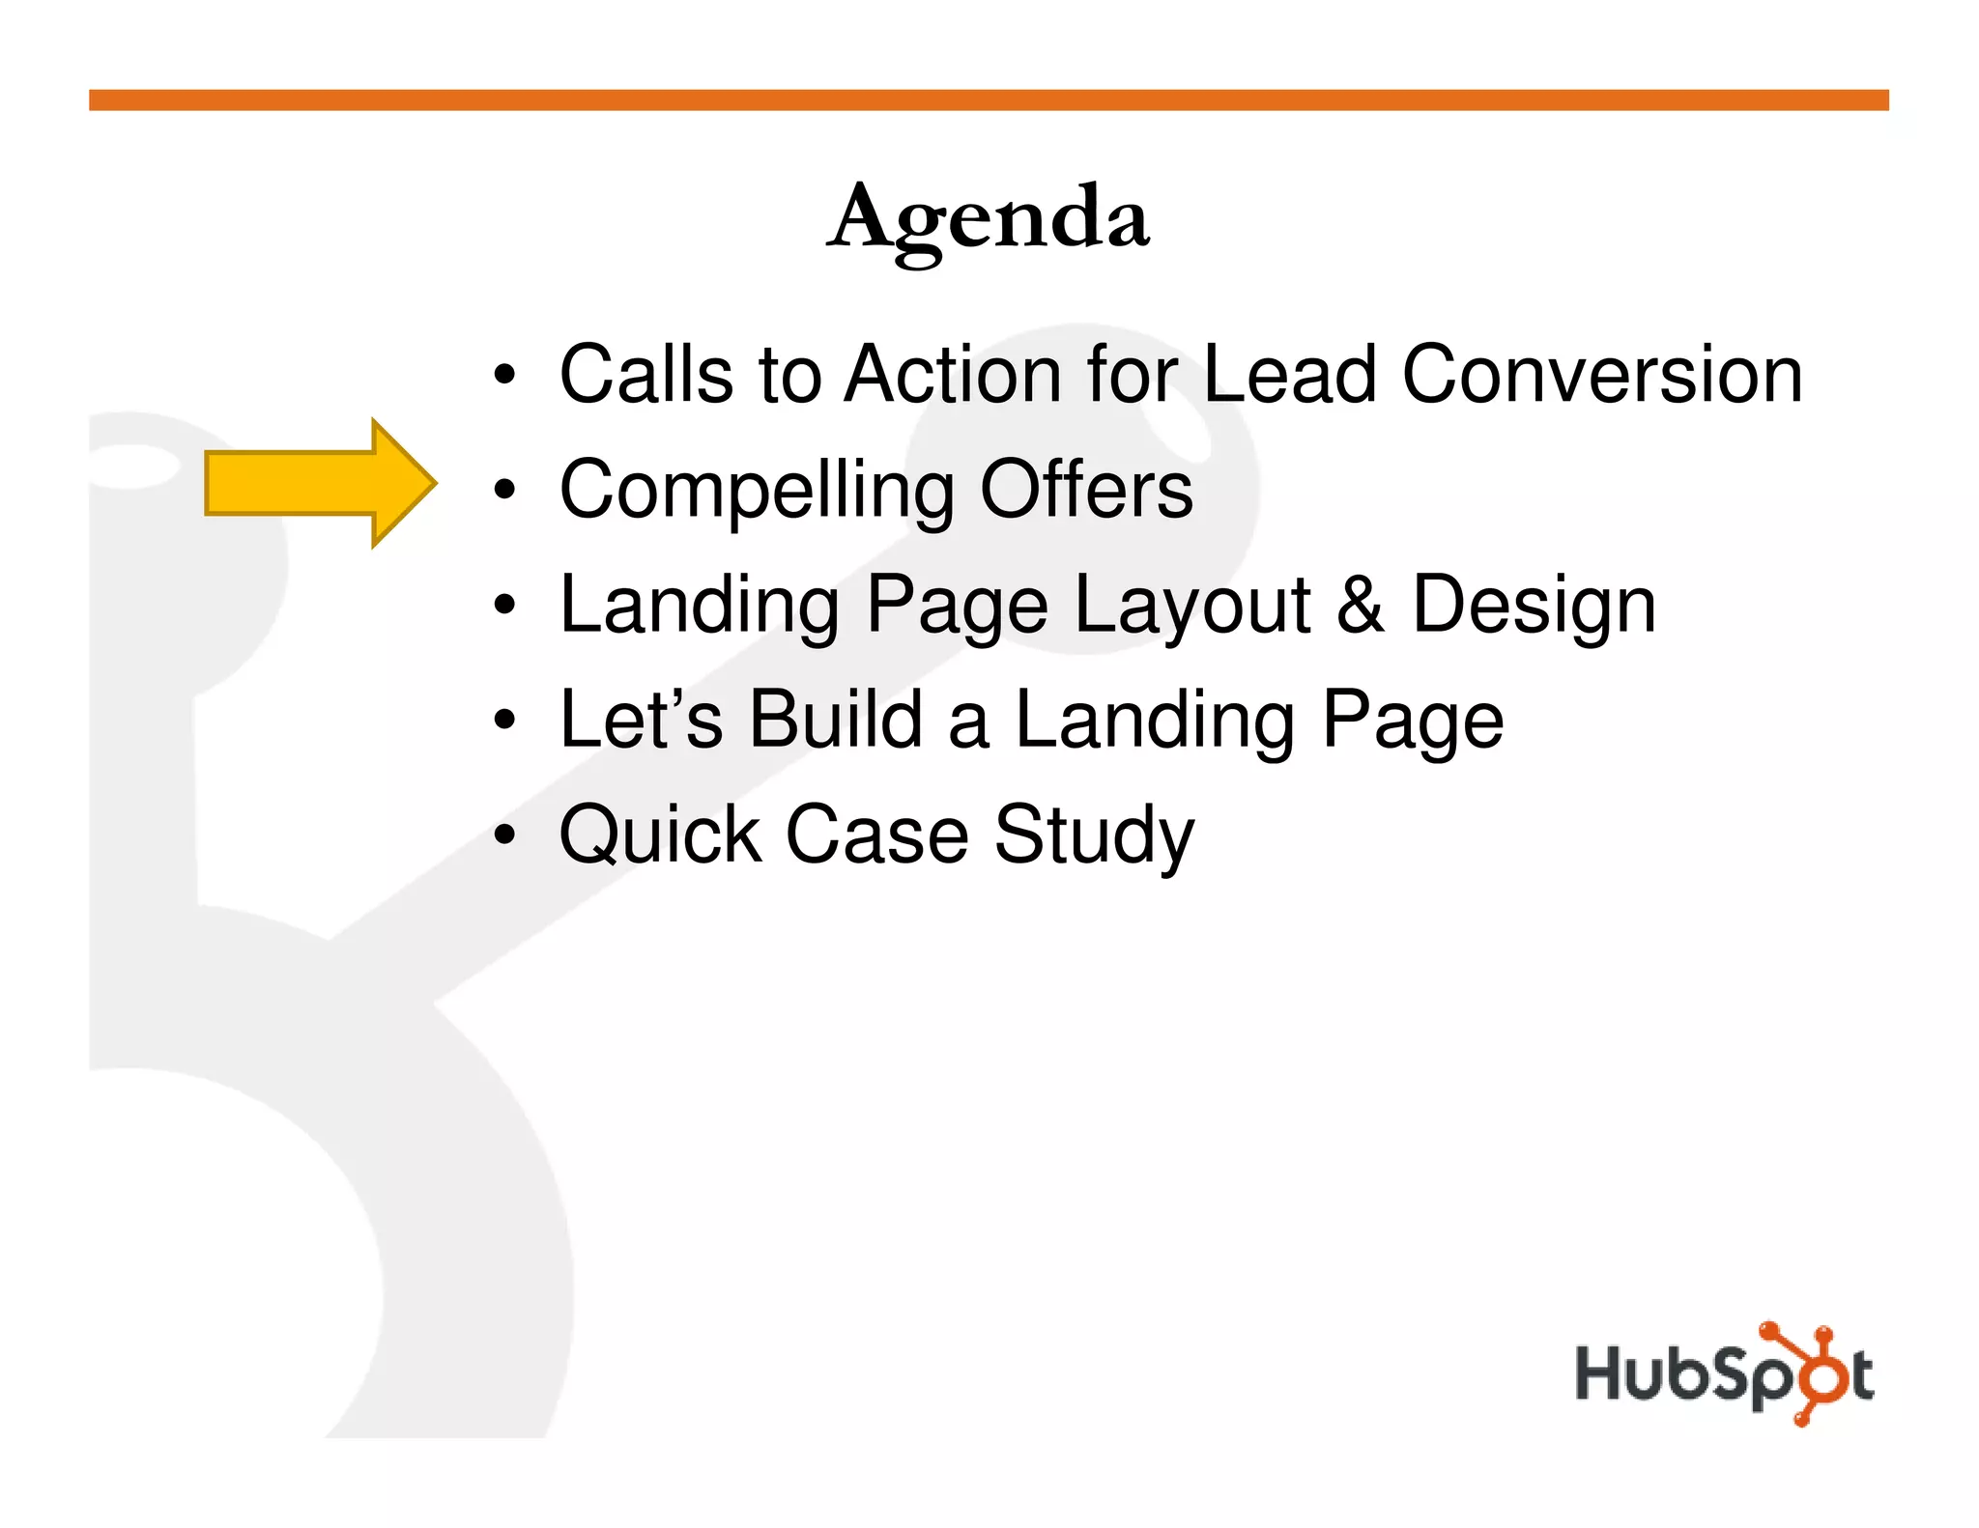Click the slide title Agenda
pyautogui.click(x=989, y=218)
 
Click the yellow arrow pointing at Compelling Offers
pyautogui.click(x=319, y=483)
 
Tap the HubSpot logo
pyautogui.click(x=1724, y=1373)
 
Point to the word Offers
pyautogui.click(x=1086, y=489)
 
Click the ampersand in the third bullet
pyautogui.click(x=1361, y=605)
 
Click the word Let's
pyautogui.click(x=641, y=720)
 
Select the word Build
pyautogui.click(x=836, y=720)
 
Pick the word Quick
pyautogui.click(x=660, y=835)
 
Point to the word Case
pyautogui.click(x=876, y=835)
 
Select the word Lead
pyautogui.click(x=1289, y=375)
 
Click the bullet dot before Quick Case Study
pyautogui.click(x=504, y=835)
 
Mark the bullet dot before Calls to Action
pyautogui.click(x=504, y=376)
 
